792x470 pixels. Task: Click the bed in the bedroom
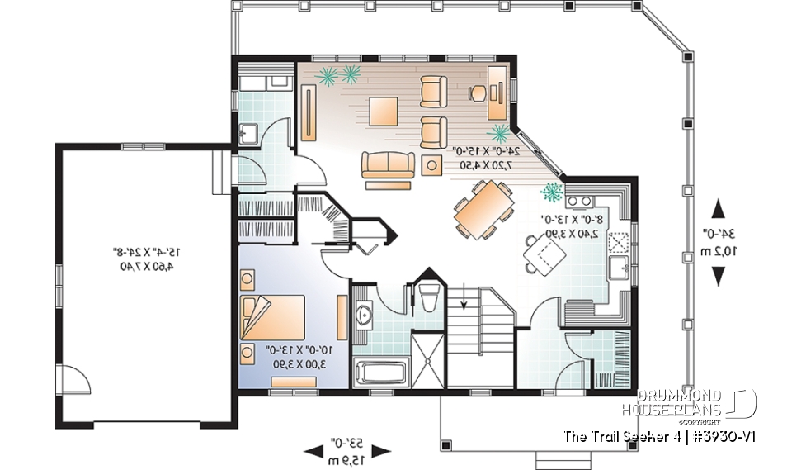[273, 318]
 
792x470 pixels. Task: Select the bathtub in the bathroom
[380, 372]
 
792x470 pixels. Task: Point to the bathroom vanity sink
[364, 315]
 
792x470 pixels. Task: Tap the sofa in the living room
[387, 165]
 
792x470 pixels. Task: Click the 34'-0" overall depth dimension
[719, 242]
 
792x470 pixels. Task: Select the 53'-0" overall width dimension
[346, 450]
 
